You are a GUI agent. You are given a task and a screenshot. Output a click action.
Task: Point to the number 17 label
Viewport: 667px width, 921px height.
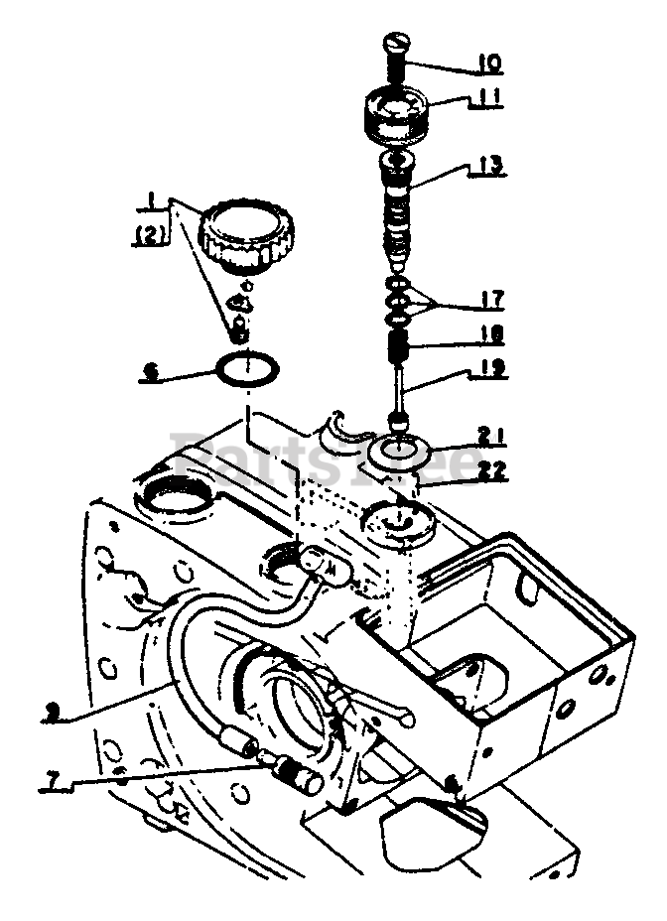(x=489, y=298)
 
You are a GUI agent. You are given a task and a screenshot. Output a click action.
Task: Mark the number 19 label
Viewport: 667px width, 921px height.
(x=489, y=369)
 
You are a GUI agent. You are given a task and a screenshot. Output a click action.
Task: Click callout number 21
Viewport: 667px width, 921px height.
(x=489, y=436)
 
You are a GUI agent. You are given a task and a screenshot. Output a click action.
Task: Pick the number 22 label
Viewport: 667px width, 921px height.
(x=489, y=470)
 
